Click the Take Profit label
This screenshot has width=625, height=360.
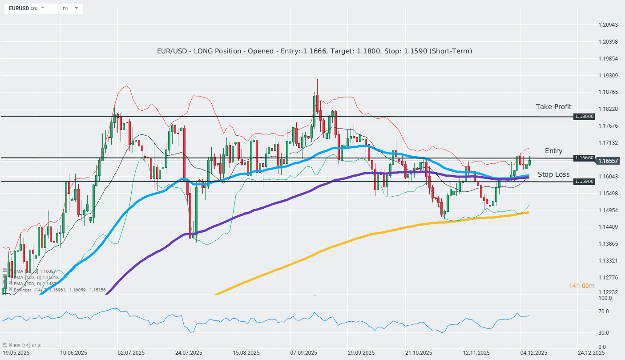click(553, 107)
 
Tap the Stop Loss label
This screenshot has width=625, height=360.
click(553, 174)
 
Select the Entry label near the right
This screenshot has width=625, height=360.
click(553, 151)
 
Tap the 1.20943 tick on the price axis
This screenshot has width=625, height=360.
click(608, 25)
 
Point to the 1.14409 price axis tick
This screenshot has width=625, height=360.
click(608, 227)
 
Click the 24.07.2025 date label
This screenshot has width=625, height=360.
click(189, 353)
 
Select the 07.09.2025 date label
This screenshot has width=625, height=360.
click(305, 353)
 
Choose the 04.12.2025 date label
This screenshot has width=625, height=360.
click(534, 353)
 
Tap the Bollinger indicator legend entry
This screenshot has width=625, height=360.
click(22, 290)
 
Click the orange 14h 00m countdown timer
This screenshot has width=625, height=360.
click(581, 286)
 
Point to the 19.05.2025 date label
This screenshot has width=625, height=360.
click(16, 353)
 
